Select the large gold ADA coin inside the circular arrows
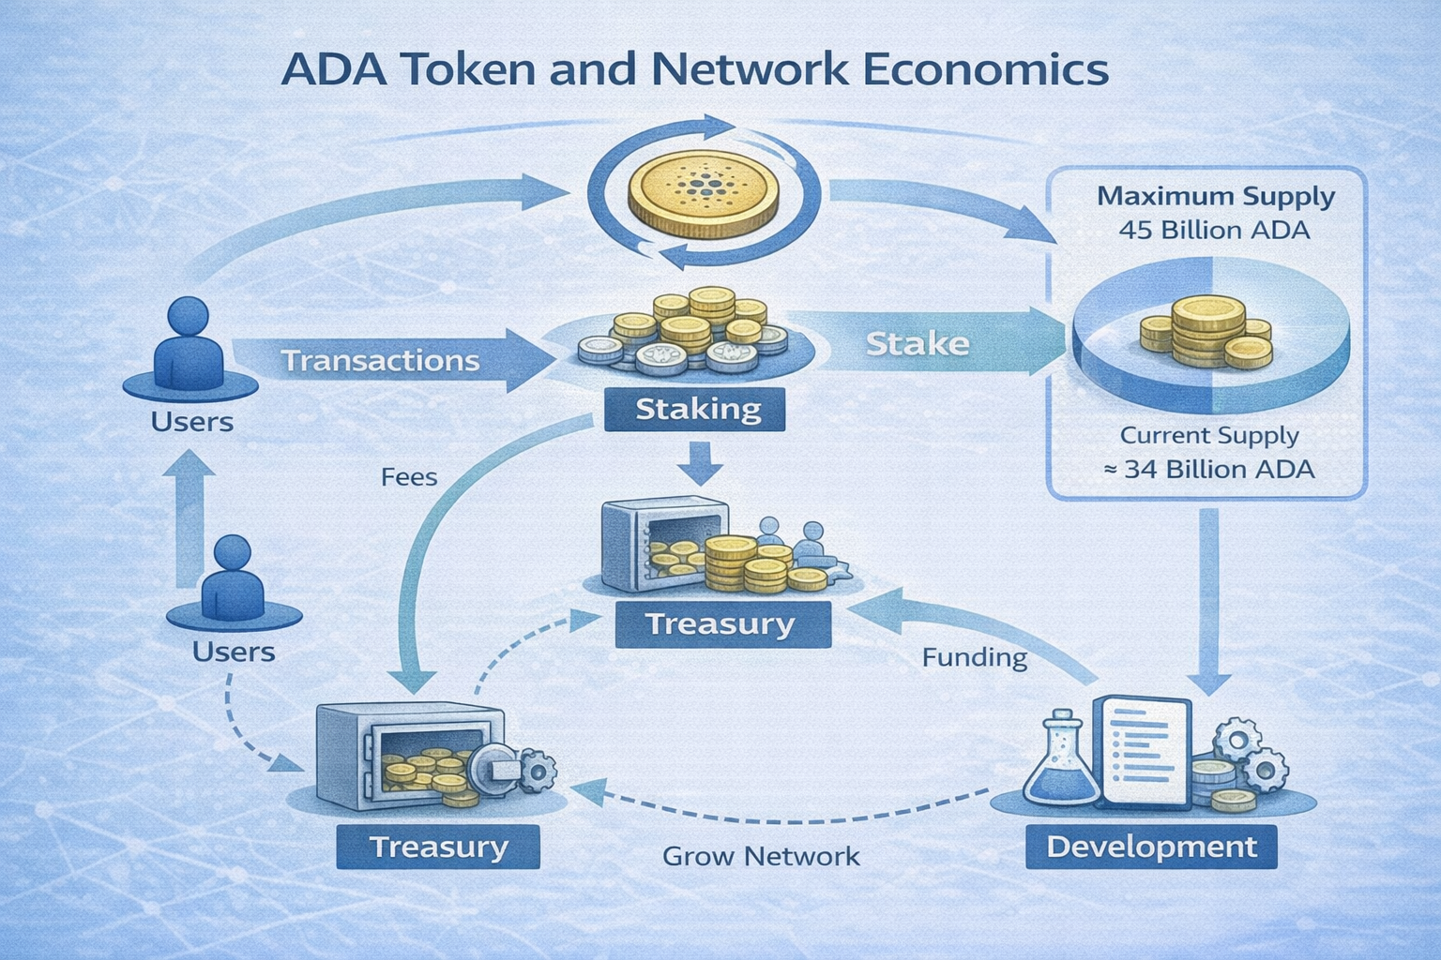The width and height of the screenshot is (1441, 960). coord(703,194)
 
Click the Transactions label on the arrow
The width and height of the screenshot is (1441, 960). coord(380,361)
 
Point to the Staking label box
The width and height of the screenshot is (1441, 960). coord(696,410)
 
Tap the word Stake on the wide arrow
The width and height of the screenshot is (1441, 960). coord(917,344)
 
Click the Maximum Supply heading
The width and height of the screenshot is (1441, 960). coord(1215,197)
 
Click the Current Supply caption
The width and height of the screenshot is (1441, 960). coord(1208,436)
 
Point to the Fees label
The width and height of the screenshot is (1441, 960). coord(409,477)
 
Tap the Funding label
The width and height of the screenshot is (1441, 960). coord(974,657)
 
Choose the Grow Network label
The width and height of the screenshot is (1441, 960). coord(760,856)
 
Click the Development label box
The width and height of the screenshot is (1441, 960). coord(1151,847)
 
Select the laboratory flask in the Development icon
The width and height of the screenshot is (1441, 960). coord(1062,759)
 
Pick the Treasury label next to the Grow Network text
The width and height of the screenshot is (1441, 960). coord(438,847)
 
